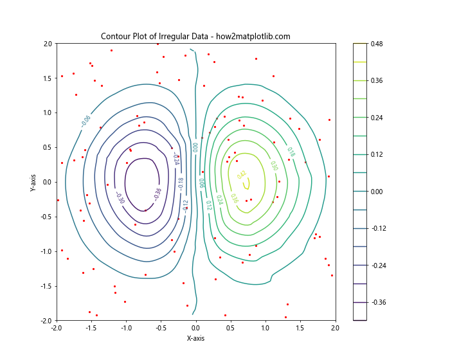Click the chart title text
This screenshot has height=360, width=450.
pyautogui.click(x=195, y=37)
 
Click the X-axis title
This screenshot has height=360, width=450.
pyautogui.click(x=195, y=338)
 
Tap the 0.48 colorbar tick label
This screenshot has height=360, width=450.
pyautogui.click(x=376, y=44)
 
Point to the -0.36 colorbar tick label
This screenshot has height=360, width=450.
pyautogui.click(x=375, y=302)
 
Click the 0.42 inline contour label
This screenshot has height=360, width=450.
pyautogui.click(x=242, y=175)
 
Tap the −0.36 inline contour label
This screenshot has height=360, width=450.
pyautogui.click(x=157, y=192)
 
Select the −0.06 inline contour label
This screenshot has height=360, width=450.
pyautogui.click(x=85, y=121)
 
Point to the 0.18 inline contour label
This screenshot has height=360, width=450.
pyautogui.click(x=291, y=152)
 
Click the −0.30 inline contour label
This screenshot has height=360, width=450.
pyautogui.click(x=120, y=197)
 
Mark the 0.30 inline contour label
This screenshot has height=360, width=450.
pyautogui.click(x=274, y=166)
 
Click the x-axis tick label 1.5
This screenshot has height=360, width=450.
pyautogui.click(x=300, y=328)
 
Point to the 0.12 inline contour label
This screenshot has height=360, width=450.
pyautogui.click(x=208, y=204)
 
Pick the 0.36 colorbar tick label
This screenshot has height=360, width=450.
pyautogui.click(x=376, y=80)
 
